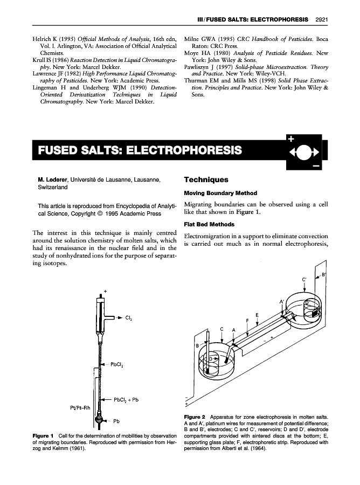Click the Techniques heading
coord(206,179)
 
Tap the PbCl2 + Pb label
coord(126,399)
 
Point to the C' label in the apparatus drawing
coord(304,279)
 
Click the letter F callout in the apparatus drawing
coord(247,321)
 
